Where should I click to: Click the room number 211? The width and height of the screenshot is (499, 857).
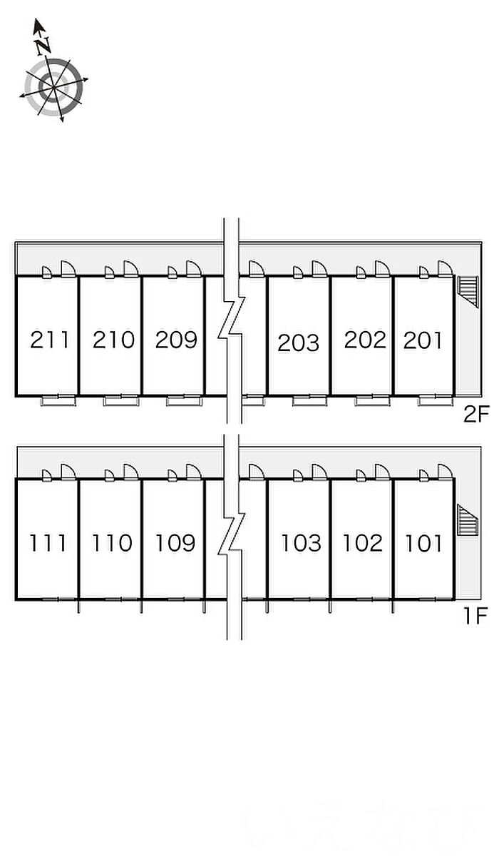pos(50,340)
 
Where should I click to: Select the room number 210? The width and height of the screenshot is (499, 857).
pos(113,340)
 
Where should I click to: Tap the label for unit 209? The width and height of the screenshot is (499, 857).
pos(176,340)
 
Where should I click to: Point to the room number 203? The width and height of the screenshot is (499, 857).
pos(299,343)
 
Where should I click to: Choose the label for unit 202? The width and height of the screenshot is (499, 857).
pos(364,340)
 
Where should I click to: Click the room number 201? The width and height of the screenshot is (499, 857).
pos(423,340)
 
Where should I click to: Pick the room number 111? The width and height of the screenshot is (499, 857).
pos(48,544)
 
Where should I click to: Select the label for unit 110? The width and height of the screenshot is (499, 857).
pos(112,544)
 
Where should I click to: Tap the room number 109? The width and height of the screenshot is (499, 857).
pos(175,544)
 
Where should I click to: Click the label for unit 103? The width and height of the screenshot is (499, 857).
pos(301,544)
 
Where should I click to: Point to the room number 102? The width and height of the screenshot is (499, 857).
pos(363,544)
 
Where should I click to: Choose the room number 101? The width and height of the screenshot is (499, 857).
pos(423,544)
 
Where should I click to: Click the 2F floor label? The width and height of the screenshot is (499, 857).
pos(476,415)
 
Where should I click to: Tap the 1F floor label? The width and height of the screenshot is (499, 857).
pos(475,616)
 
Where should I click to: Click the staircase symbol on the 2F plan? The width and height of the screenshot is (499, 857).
pos(467,290)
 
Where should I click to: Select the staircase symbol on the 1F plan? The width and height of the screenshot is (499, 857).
pos(466,519)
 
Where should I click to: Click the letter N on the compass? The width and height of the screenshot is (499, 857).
pos(42,45)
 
